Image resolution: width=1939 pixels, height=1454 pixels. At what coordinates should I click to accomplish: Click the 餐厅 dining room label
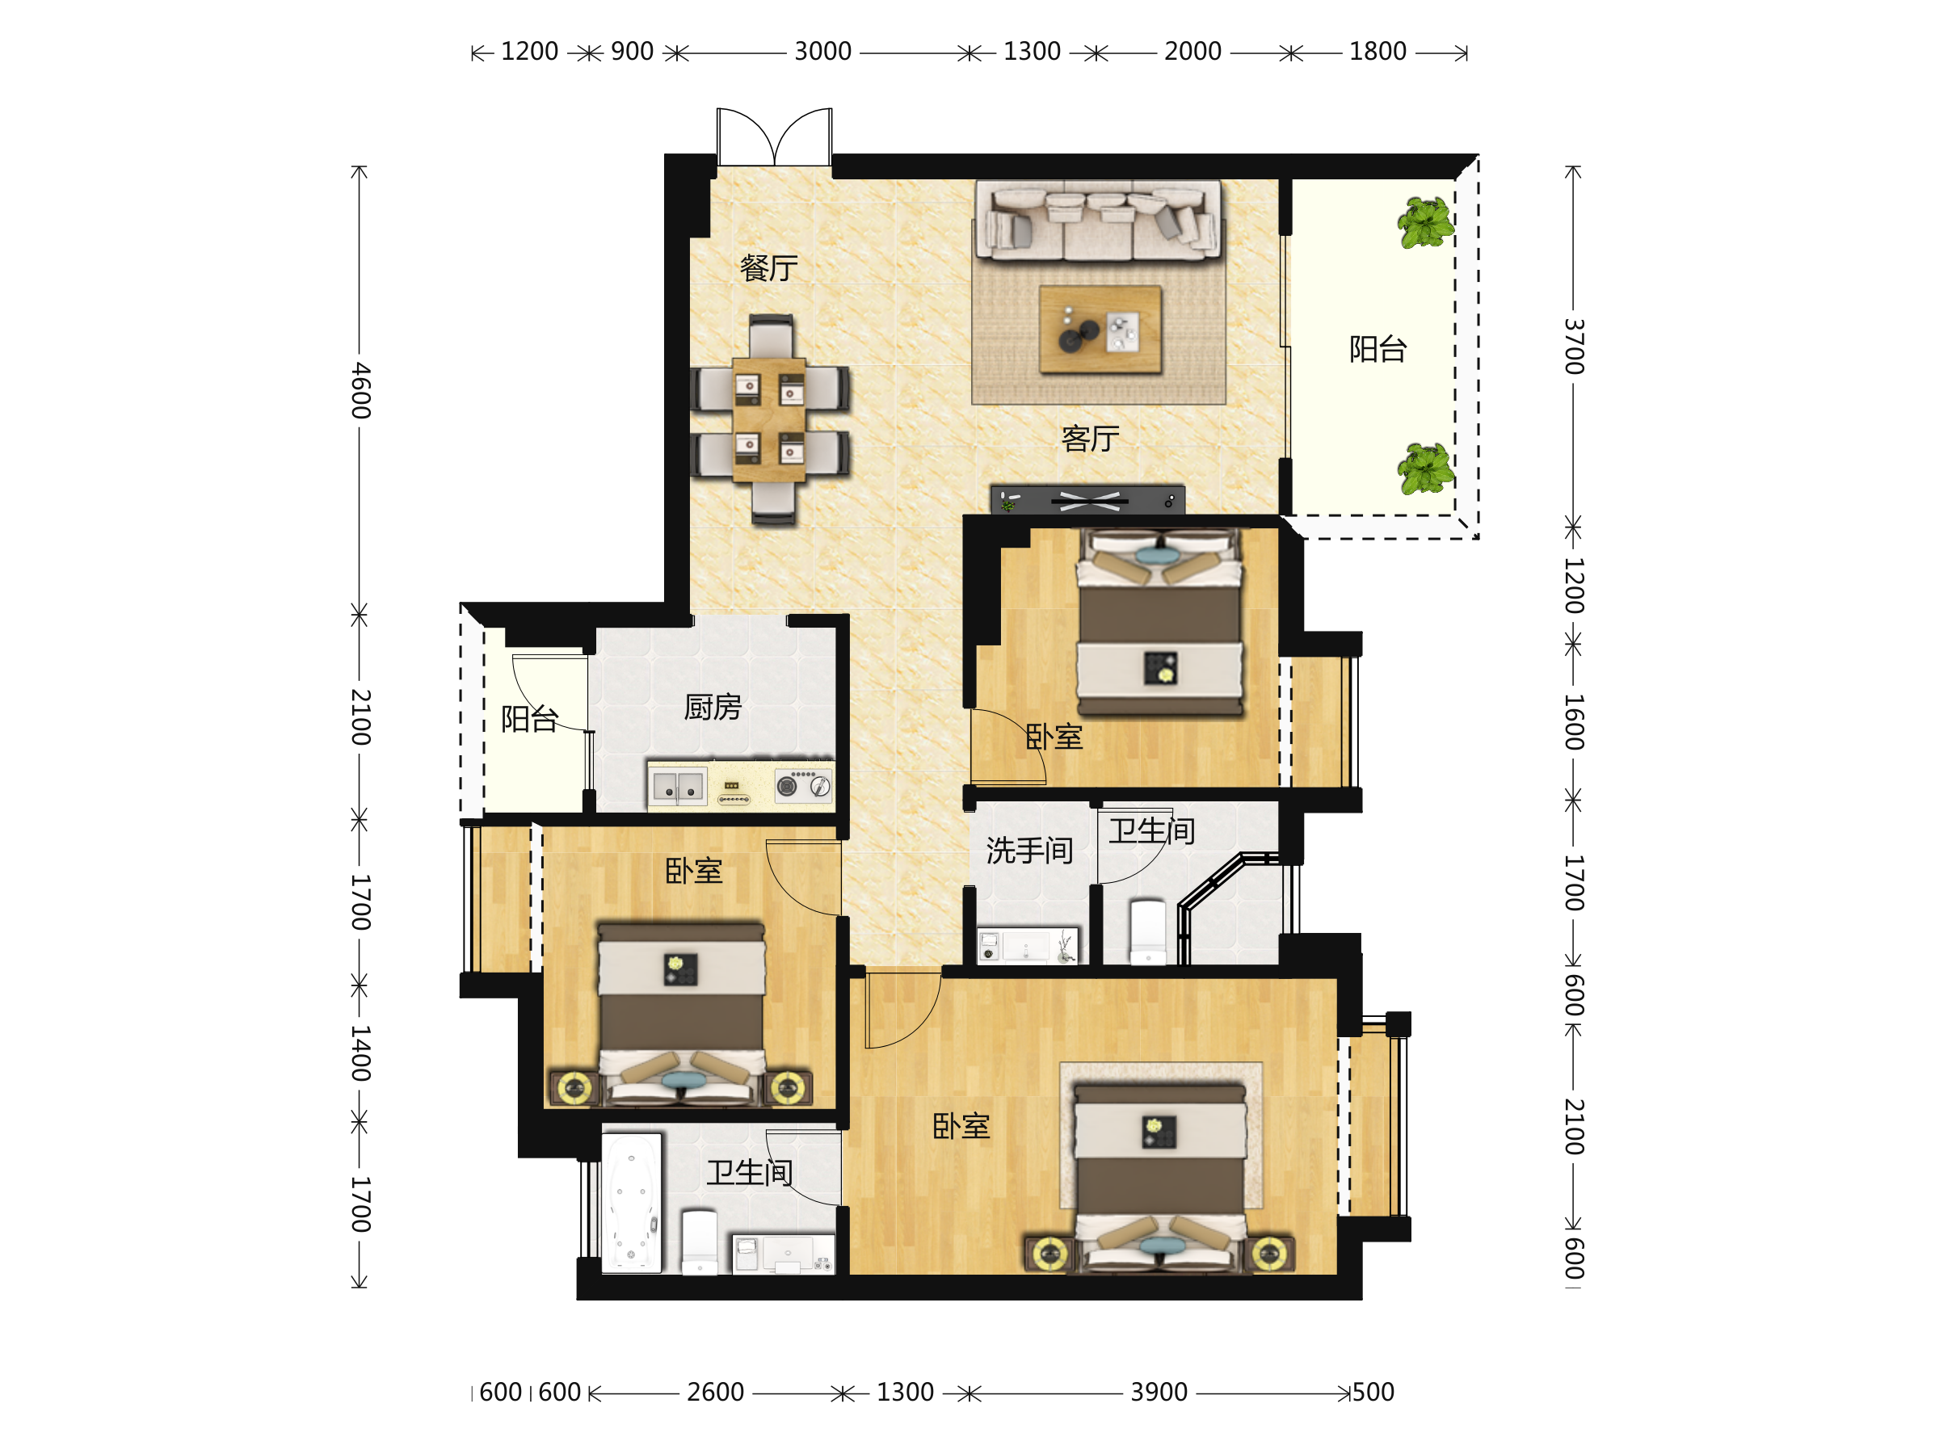pos(769,268)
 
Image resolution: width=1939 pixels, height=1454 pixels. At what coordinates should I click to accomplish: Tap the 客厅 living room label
pos(1091,438)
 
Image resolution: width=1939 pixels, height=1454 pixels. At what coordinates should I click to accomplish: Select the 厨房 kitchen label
pos(713,708)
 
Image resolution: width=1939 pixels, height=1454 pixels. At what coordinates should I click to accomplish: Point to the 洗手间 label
pos(1029,850)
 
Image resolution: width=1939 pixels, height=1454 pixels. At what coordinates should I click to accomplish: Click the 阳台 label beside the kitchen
pos(529,719)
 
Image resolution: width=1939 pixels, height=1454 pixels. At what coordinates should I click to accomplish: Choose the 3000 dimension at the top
pos(822,52)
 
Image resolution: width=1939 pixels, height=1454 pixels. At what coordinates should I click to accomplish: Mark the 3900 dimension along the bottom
pos(1159,1392)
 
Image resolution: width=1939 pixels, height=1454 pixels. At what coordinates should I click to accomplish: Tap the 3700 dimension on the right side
pos(1575,347)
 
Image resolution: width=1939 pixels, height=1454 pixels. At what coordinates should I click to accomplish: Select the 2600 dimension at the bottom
pos(715,1392)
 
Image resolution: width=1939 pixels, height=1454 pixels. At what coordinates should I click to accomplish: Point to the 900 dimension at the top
pos(632,52)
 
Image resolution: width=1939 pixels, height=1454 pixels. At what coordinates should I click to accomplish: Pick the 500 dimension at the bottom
pos(1373,1392)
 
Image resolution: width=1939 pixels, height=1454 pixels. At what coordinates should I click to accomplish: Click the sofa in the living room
pos(1098,221)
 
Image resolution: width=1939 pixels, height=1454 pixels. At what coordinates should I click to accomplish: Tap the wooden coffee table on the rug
pos(1100,330)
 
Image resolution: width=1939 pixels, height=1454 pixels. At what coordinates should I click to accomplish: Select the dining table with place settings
pos(769,420)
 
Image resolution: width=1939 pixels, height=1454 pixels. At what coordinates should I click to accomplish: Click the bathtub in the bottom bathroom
pos(631,1203)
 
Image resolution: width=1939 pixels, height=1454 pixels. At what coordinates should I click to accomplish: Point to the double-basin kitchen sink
pos(679,786)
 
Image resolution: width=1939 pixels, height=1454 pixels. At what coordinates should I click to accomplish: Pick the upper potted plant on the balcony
pos(1425,223)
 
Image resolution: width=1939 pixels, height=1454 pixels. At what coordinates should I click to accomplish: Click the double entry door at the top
pos(774,137)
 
